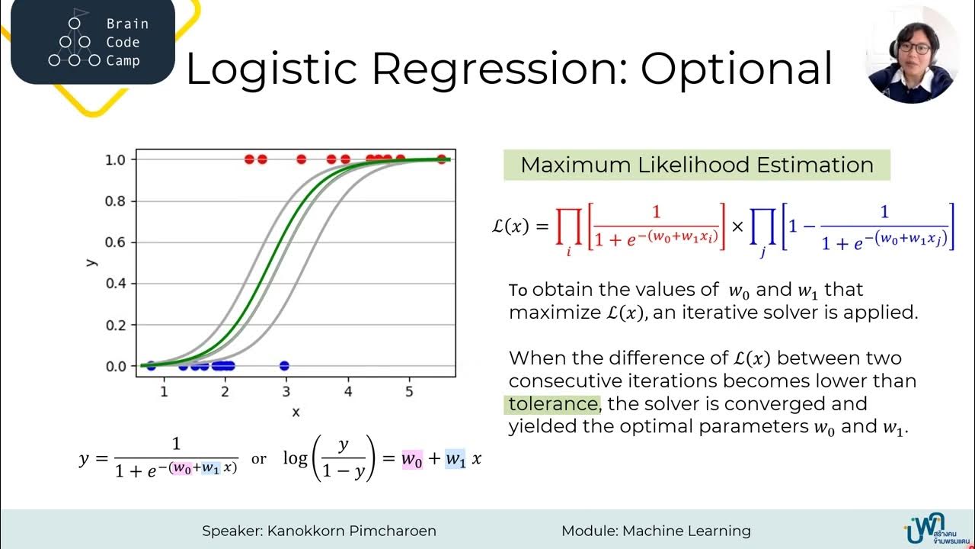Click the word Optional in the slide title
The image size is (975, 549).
click(737, 69)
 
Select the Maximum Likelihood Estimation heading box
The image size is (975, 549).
click(696, 165)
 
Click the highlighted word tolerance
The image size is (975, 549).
click(553, 403)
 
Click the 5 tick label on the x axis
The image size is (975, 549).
click(409, 392)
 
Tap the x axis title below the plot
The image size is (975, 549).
click(296, 412)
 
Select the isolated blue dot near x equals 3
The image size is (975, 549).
click(284, 366)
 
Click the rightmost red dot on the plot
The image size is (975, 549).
click(442, 159)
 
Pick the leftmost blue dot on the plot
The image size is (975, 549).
click(151, 366)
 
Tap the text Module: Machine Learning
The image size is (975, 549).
click(656, 531)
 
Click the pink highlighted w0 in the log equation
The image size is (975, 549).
click(412, 459)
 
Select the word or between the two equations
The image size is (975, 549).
click(259, 459)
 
